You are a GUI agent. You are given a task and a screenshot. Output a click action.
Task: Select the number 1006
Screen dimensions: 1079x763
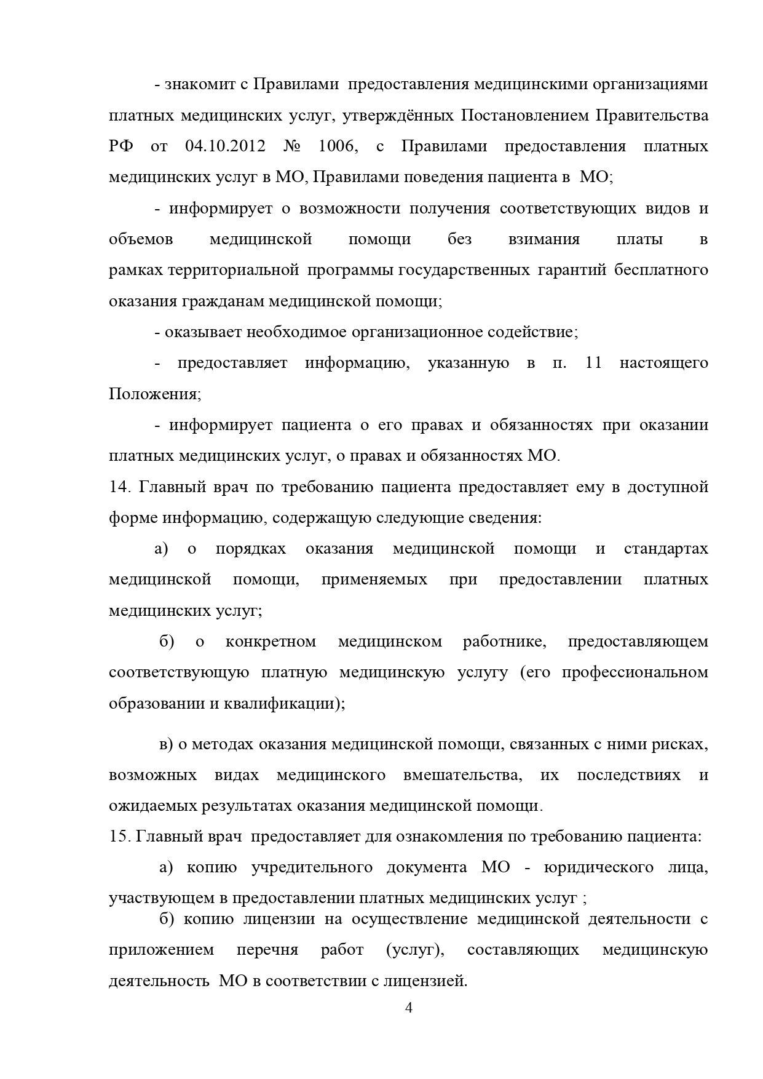(x=338, y=146)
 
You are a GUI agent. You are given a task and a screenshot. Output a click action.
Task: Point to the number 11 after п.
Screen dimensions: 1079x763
(x=593, y=363)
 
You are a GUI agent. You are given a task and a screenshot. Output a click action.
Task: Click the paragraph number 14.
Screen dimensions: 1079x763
(x=119, y=487)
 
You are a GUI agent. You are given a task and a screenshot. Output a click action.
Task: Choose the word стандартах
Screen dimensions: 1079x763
(x=665, y=549)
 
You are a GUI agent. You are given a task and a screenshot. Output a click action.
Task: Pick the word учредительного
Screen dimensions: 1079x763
(x=312, y=868)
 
